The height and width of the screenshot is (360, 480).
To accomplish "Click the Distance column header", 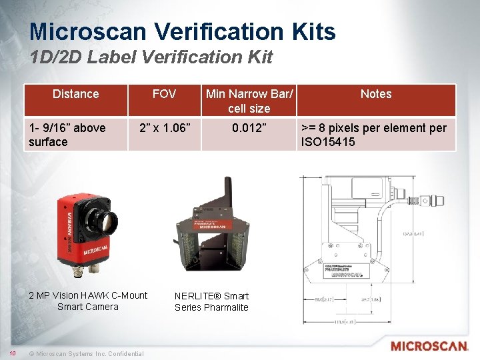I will tap(75, 94).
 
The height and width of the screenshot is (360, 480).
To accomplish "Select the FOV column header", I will tap(164, 94).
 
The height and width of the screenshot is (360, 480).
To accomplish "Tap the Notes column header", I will tap(376, 94).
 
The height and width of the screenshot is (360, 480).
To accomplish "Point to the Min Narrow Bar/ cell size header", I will tap(249, 101).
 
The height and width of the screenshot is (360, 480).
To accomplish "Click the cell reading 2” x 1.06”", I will tap(164, 127).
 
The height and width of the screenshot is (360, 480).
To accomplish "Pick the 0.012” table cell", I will tap(249, 127).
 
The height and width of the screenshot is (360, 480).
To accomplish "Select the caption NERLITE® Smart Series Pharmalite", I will tap(211, 301).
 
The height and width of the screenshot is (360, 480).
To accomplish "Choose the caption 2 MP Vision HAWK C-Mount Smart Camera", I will tap(88, 301).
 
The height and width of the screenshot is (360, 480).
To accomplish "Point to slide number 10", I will tap(13, 353).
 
